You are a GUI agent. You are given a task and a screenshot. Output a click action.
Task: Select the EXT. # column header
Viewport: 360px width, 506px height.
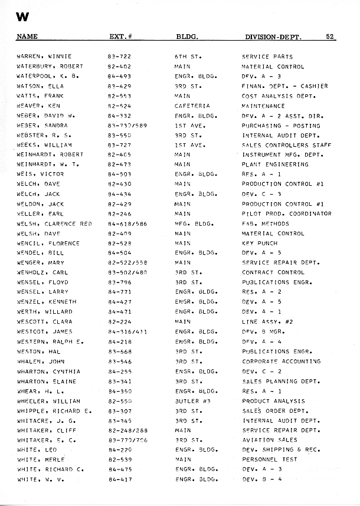point(120,37)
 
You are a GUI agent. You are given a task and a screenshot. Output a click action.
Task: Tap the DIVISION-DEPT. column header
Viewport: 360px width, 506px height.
point(273,37)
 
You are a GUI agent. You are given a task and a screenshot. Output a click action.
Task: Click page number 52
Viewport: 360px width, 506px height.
point(330,36)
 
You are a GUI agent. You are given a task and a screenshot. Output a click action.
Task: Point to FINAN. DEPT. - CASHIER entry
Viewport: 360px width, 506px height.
point(284,86)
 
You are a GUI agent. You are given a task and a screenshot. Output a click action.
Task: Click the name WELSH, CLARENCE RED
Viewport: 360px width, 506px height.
point(54,224)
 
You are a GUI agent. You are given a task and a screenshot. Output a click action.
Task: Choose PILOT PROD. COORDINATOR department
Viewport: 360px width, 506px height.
point(286,213)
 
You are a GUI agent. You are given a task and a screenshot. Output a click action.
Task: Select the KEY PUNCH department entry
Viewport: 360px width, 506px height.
point(259,243)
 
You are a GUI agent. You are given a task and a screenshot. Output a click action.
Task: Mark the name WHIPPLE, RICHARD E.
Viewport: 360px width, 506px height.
point(54,410)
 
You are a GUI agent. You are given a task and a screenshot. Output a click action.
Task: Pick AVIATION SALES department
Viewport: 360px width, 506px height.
point(270,440)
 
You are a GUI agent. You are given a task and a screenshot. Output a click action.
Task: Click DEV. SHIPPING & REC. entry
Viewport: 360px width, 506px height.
point(281,449)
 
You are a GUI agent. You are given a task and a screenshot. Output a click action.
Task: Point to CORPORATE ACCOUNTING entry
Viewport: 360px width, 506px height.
point(282,361)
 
